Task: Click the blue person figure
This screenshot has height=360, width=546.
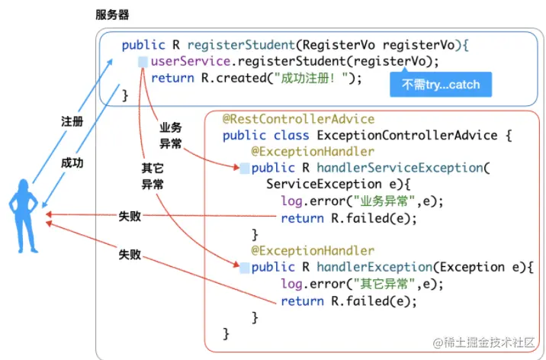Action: click(x=24, y=217)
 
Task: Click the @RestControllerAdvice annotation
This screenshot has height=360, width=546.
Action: click(x=298, y=119)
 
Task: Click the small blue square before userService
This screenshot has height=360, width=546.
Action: click(x=143, y=62)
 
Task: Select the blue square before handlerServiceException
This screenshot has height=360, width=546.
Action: click(x=244, y=168)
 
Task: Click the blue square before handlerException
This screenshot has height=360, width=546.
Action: click(x=244, y=268)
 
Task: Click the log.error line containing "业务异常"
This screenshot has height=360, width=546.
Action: click(x=361, y=201)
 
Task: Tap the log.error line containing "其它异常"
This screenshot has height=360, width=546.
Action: click(x=361, y=284)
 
